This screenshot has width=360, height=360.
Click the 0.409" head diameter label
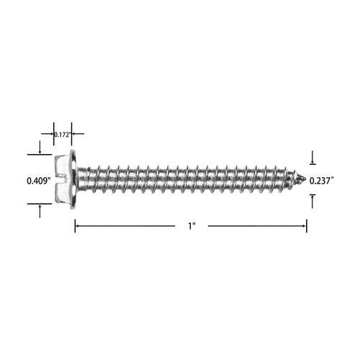coord(39,181)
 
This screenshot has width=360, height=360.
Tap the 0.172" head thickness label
coord(63,135)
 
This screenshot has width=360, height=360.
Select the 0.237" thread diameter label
coord(322,181)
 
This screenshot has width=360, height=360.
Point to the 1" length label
coord(192,226)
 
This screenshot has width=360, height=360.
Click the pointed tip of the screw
coord(305,179)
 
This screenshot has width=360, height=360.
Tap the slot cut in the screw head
coord(63,179)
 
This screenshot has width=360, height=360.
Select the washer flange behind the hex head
coord(73,179)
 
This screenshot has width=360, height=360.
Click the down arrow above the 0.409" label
coord(40,147)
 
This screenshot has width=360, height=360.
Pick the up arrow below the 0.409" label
coord(40,212)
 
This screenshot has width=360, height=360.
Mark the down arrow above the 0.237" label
coord(312,157)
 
